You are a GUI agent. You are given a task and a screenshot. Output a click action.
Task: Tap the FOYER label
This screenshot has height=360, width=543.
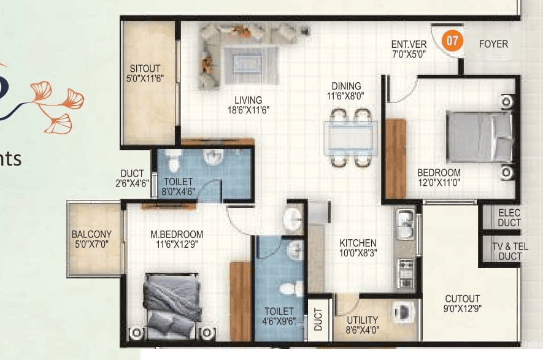click(493, 44)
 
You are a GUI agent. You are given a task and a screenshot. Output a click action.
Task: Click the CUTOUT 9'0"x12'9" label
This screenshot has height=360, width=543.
click(463, 304)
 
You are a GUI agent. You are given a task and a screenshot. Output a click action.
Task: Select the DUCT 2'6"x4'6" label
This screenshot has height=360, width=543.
click(133, 178)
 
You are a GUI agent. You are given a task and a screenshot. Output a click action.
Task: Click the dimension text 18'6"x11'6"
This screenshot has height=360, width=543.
click(248, 111)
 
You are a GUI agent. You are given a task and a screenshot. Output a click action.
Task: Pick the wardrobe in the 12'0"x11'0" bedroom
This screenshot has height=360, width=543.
click(396, 158)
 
